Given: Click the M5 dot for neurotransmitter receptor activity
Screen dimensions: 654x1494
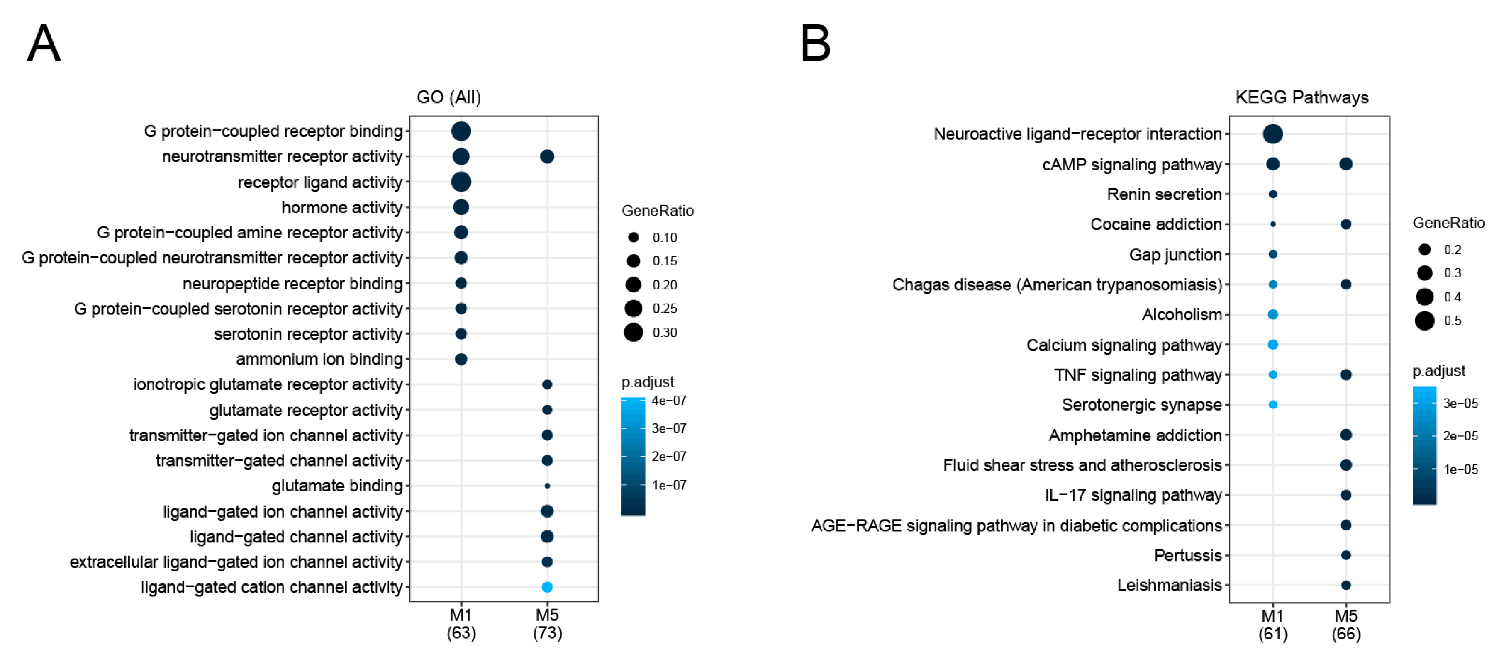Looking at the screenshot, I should point(546,156).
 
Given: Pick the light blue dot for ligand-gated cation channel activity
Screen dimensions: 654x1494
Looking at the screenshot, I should point(546,587).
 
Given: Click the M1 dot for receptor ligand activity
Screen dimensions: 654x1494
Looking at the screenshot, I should point(461,182).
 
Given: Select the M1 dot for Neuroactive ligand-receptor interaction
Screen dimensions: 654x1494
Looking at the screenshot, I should point(1272,134).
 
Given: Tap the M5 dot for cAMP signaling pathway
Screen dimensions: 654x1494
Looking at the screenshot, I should point(1345,164).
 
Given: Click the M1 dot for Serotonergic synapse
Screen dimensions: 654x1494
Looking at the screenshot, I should point(1272,405).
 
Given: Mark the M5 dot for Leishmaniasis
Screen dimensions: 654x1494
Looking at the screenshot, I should point(1345,585).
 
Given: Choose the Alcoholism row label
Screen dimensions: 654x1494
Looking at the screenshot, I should point(1182,314).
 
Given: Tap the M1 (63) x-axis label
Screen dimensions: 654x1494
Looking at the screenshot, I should point(461,623).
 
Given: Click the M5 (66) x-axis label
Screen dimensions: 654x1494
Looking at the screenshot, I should point(1345,625).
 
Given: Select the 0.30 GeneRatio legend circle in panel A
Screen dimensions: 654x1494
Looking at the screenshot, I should point(634,332).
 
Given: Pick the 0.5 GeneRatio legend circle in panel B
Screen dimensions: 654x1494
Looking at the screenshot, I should point(1424,320).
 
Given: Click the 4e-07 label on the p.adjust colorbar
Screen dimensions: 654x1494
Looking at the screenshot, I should point(669,401).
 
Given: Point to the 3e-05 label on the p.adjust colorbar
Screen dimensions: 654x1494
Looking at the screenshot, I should point(1460,403).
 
